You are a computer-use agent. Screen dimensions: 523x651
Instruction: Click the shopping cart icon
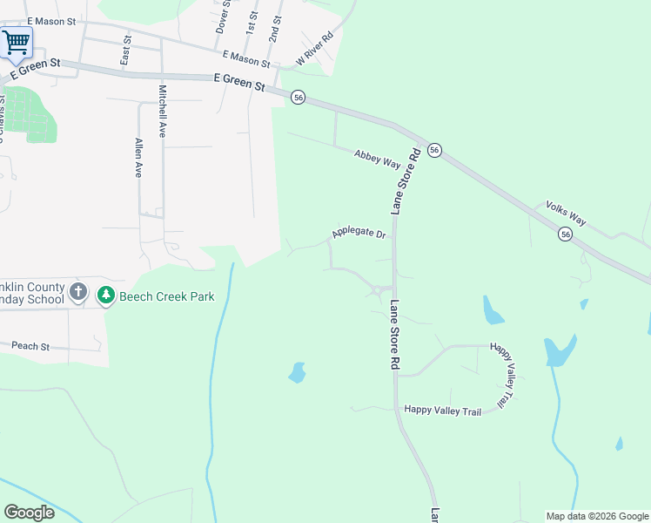[16, 41]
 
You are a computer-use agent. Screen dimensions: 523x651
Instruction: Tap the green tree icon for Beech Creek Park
[106, 296]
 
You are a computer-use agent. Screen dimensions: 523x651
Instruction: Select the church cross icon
[78, 291]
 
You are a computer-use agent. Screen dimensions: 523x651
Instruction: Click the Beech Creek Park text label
[167, 296]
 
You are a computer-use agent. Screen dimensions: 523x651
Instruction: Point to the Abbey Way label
[377, 159]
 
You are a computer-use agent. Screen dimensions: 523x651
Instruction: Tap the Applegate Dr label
[358, 234]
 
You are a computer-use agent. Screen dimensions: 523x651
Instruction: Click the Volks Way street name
[567, 214]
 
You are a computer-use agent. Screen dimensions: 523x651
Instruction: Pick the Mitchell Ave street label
[163, 112]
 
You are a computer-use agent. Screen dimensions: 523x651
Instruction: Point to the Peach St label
[31, 346]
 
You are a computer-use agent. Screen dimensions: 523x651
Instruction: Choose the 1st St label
[252, 24]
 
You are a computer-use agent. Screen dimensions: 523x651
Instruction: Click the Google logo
[30, 512]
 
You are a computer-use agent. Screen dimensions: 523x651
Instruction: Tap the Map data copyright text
[596, 516]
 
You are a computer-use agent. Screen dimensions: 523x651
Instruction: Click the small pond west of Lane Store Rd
[297, 374]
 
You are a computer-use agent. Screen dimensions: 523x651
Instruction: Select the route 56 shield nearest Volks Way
[566, 234]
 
